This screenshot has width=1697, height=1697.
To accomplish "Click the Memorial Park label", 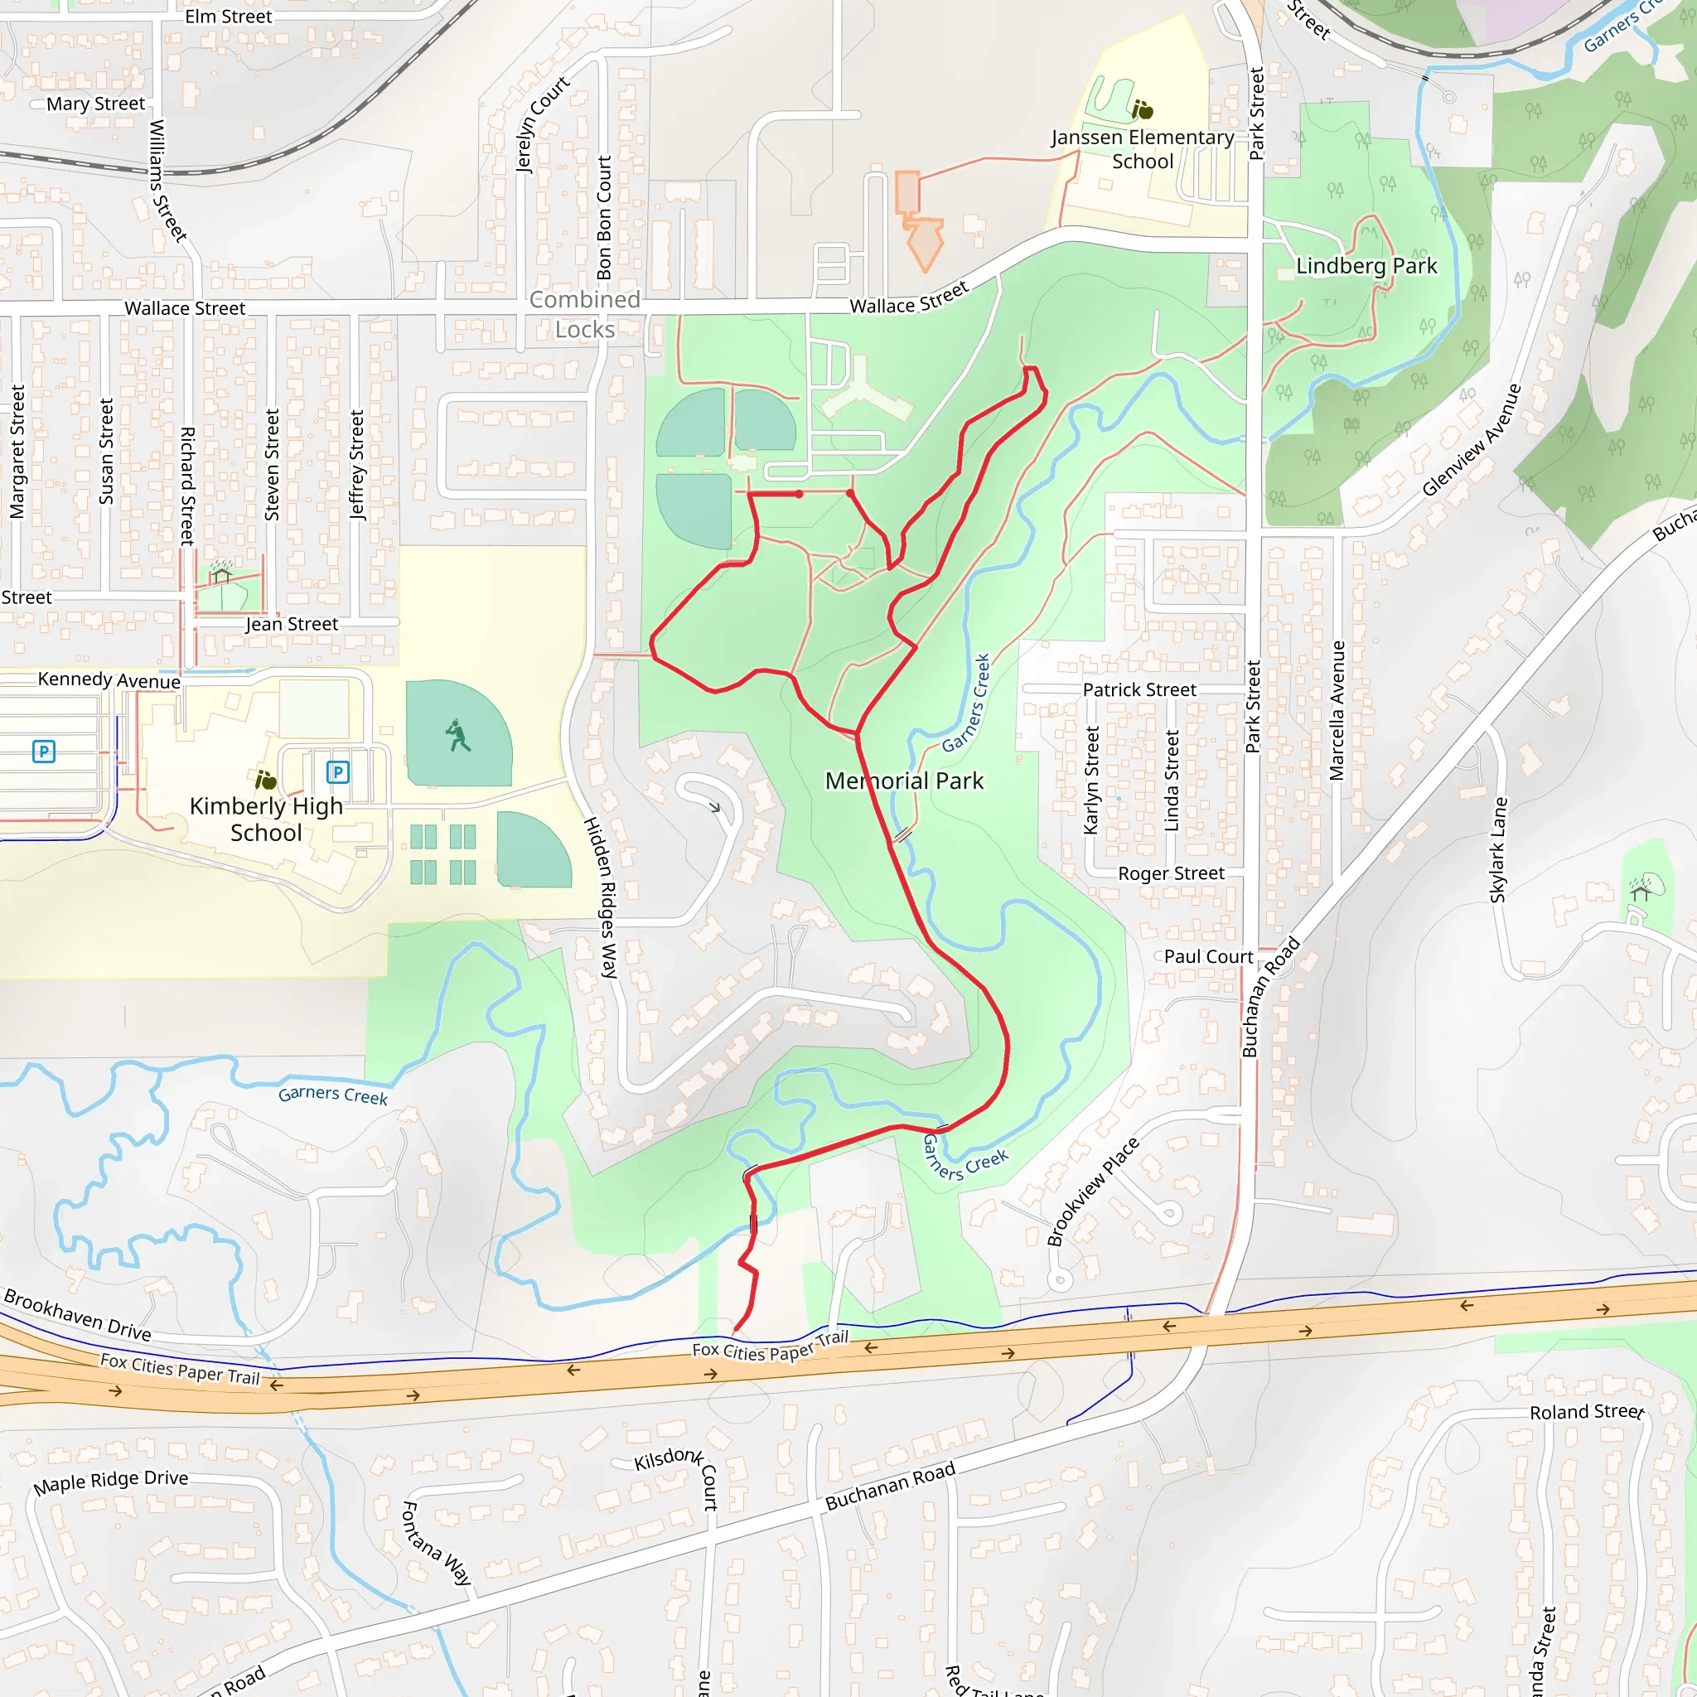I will click(904, 781).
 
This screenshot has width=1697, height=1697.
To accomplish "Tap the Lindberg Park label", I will click(1366, 266).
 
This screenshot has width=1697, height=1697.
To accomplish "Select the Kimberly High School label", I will click(266, 819).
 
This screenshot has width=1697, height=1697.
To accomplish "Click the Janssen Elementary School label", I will click(1142, 149).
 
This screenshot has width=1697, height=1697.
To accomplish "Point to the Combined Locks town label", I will click(585, 314).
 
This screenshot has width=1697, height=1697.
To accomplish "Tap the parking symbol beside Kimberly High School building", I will click(338, 772).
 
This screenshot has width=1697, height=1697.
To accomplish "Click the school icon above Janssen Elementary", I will click(1142, 110).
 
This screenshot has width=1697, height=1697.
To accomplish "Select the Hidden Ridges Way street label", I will click(601, 897).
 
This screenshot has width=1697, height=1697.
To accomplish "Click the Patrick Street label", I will click(1139, 690).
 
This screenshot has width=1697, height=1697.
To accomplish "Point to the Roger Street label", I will click(1170, 874).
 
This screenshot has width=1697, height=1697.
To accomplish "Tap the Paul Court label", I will click(1208, 957).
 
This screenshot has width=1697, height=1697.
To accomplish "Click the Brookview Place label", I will click(1093, 1192).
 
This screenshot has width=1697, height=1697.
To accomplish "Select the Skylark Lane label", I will click(1498, 849).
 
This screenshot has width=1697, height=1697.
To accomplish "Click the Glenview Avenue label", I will click(1472, 440).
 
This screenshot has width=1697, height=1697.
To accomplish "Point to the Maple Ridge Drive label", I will click(111, 1482).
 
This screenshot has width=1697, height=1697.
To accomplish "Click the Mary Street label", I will click(96, 104).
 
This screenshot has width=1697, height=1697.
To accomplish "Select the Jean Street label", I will click(292, 625).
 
